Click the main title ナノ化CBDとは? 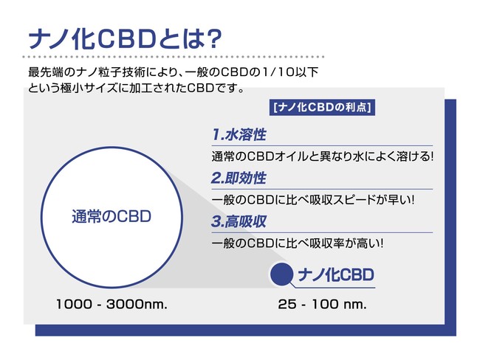coord(125,39)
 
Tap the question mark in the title coord(213,39)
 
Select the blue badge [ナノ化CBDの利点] coord(322,108)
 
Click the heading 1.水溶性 coord(239,134)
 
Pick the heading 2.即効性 coord(239,178)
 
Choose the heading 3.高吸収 coord(239,221)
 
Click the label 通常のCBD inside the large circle coord(112,217)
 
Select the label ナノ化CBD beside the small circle coord(336,274)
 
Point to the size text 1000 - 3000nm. coord(112,304)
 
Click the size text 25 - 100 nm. coord(322,304)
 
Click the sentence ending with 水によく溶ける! coord(323,156)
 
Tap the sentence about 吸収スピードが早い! coord(313,200)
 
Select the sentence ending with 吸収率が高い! coord(298,243)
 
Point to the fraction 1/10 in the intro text coord(273,72)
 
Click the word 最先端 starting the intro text coord(47,72)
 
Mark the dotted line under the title coord(174,57)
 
